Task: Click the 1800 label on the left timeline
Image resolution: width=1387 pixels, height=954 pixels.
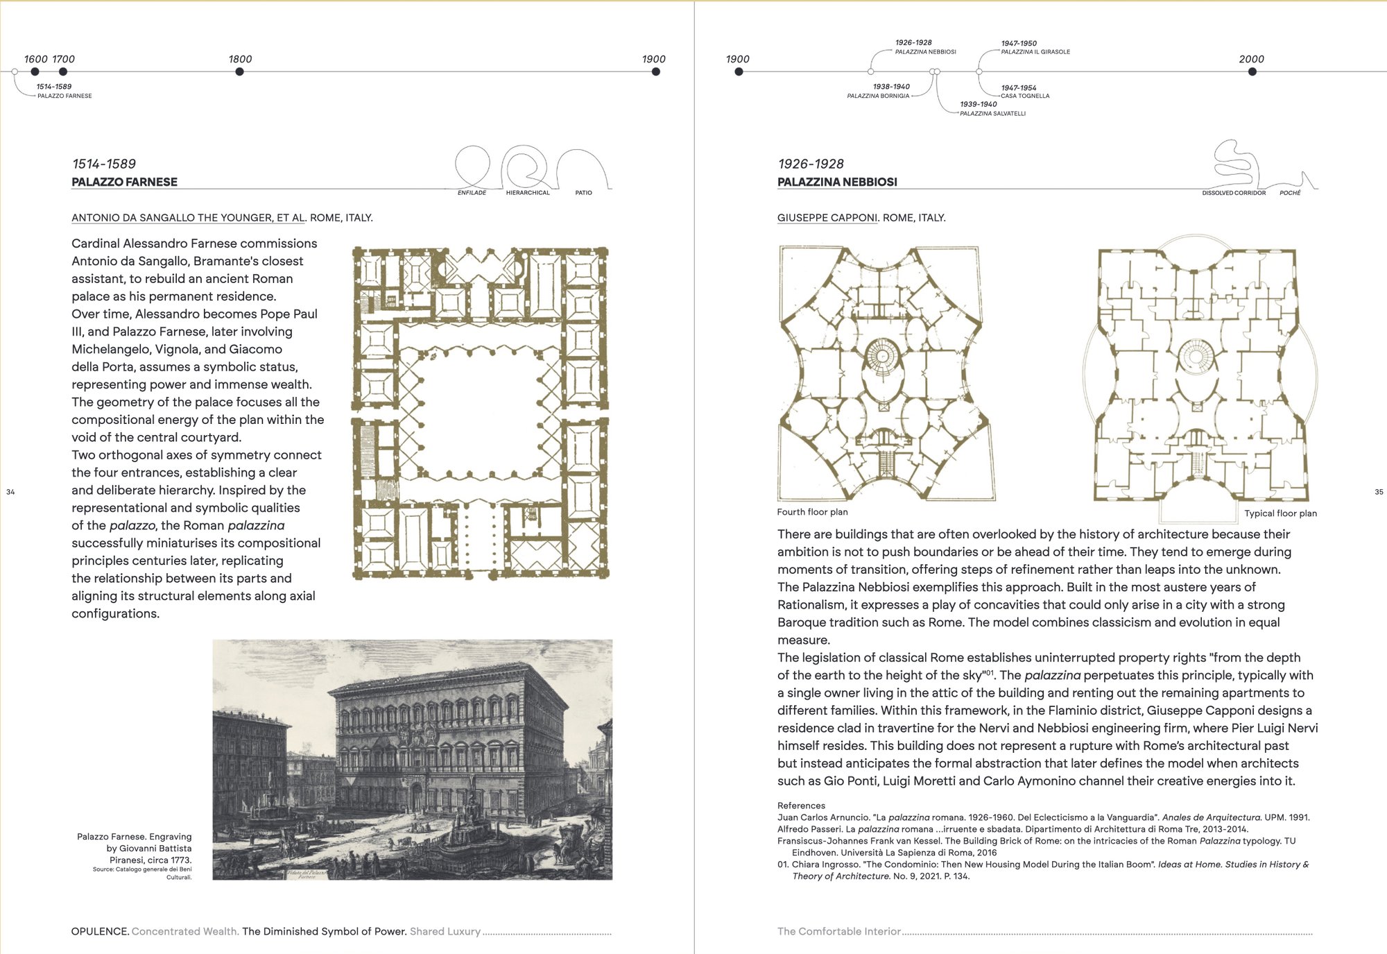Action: [240, 59]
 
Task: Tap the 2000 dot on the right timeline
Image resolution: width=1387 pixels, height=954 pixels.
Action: [1252, 71]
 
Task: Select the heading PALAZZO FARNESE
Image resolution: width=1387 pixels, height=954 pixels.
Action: [125, 182]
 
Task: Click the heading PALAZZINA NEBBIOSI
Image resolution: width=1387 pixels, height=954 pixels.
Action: [837, 182]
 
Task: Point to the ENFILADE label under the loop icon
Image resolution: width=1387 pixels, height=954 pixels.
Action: [472, 193]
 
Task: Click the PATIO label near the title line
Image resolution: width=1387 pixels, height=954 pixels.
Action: [583, 193]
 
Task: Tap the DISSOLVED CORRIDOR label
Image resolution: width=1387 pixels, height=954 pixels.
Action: [1234, 193]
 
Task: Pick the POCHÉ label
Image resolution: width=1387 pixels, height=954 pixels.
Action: [1290, 193]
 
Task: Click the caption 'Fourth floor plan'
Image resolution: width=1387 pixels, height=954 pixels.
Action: [812, 512]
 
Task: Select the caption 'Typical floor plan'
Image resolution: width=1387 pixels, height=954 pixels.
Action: [1280, 513]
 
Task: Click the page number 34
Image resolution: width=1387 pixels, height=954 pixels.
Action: [10, 492]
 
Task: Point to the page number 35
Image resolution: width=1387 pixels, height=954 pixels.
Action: [1379, 492]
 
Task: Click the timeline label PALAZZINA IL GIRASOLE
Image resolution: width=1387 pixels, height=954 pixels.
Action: [1035, 52]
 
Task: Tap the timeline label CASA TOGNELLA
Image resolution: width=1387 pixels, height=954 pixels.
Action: [1025, 96]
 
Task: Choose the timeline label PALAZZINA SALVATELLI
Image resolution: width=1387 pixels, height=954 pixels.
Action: [992, 114]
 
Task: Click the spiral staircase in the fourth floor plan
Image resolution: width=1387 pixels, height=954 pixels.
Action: [882, 356]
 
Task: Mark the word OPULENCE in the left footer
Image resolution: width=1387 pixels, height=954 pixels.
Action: [100, 931]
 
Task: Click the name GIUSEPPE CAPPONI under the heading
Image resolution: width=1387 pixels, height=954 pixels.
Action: [827, 218]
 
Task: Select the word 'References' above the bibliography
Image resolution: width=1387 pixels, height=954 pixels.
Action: [801, 806]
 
